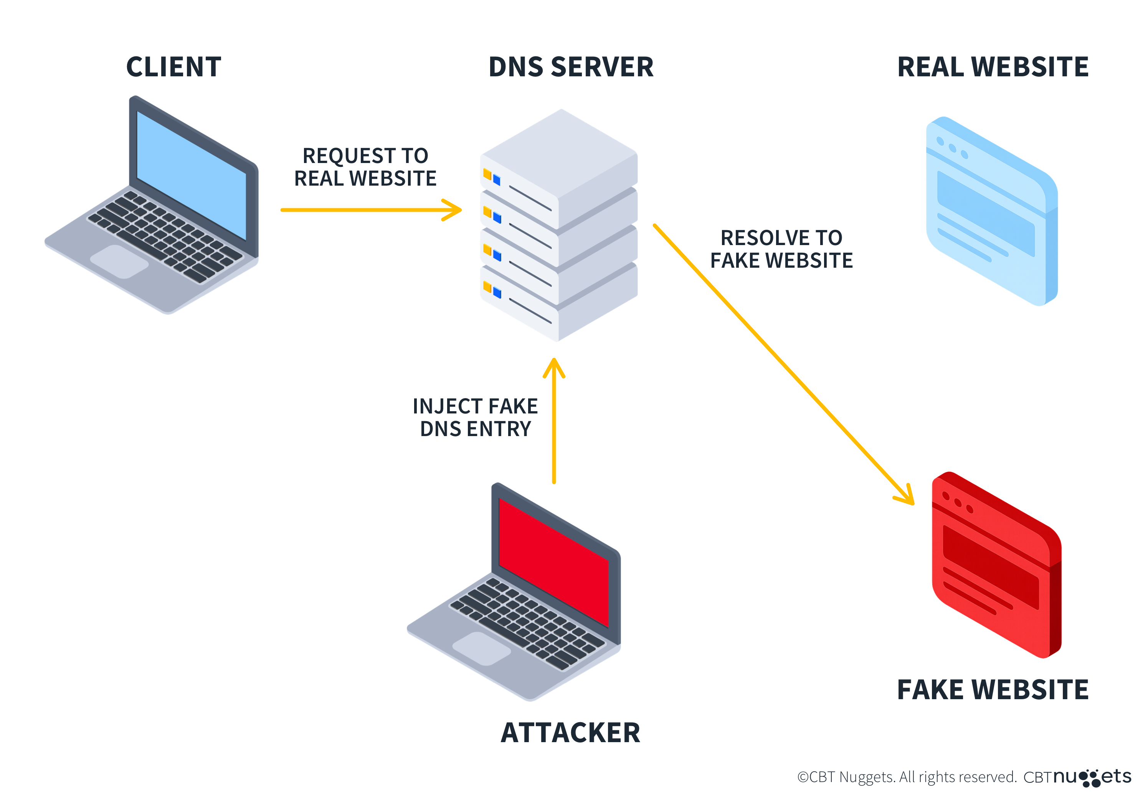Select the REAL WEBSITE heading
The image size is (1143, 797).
992,67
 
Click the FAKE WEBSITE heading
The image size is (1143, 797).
992,690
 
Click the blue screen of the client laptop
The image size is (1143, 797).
192,174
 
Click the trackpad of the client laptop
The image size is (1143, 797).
119,261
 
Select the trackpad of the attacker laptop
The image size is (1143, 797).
481,648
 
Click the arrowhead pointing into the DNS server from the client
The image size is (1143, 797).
454,210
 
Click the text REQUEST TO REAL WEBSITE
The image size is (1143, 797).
365,167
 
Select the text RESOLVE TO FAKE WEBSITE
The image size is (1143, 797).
781,249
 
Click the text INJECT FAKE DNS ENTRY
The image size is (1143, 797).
476,417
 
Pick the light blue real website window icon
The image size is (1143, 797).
991,211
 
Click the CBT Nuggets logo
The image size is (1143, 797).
1077,777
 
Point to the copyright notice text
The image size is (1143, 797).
906,777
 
